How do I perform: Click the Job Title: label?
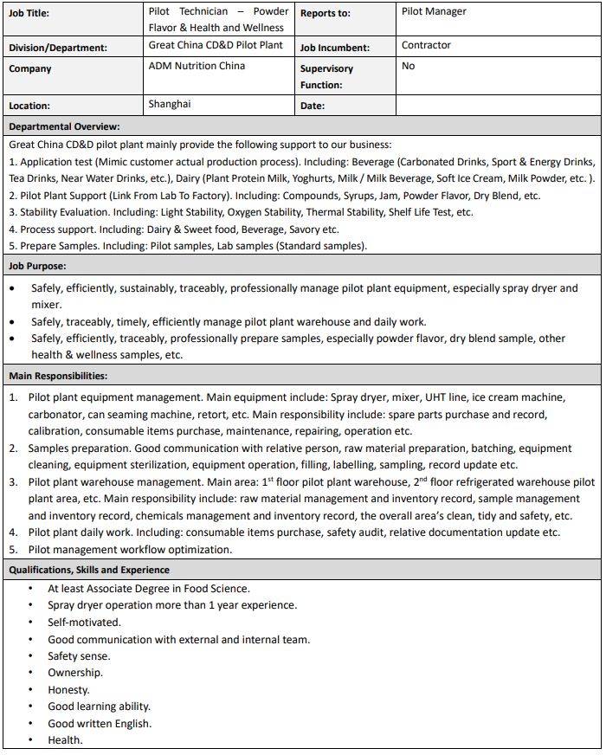[29, 13]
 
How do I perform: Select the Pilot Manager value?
[434, 11]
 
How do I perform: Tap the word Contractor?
[426, 45]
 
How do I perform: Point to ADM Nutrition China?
[197, 66]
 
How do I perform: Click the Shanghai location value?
[170, 104]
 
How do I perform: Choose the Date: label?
[313, 106]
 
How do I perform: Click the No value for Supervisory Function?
[408, 66]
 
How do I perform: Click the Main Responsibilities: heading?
[58, 376]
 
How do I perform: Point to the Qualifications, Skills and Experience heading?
[89, 570]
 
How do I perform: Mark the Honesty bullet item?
[68, 690]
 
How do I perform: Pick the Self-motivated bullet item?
[84, 623]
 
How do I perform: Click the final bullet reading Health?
[65, 740]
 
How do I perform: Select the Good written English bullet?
[100, 724]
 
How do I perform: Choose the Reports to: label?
[325, 13]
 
